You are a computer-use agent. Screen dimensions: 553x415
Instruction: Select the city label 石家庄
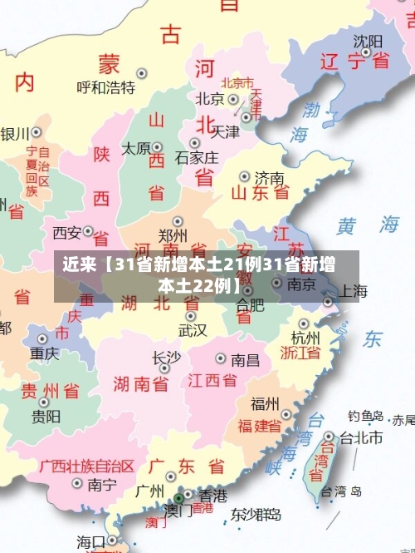(x=198, y=156)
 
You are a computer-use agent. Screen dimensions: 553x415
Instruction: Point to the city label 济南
(x=270, y=177)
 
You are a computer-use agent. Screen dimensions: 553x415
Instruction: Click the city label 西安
(x=67, y=232)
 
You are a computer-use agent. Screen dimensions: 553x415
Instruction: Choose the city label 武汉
(x=193, y=330)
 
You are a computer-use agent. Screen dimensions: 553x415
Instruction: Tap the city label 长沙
(x=166, y=357)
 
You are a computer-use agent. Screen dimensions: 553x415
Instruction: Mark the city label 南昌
(x=246, y=359)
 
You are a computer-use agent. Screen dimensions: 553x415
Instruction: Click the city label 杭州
(x=305, y=338)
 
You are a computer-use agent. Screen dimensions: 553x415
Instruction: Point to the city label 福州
(x=266, y=404)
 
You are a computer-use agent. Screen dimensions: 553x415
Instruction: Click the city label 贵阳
(x=46, y=415)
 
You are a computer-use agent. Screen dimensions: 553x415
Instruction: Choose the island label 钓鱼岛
(x=365, y=416)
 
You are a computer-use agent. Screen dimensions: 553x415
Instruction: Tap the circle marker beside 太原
(x=158, y=148)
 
